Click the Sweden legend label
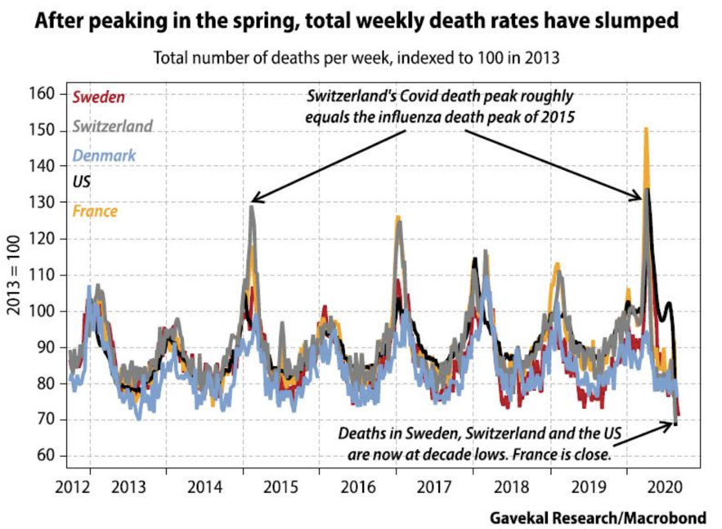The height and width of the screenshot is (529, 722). click(x=99, y=98)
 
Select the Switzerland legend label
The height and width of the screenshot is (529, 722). click(x=112, y=127)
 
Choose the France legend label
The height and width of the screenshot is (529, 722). click(x=95, y=211)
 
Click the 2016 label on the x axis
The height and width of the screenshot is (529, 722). click(x=359, y=489)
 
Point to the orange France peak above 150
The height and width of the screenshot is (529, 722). click(x=646, y=129)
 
